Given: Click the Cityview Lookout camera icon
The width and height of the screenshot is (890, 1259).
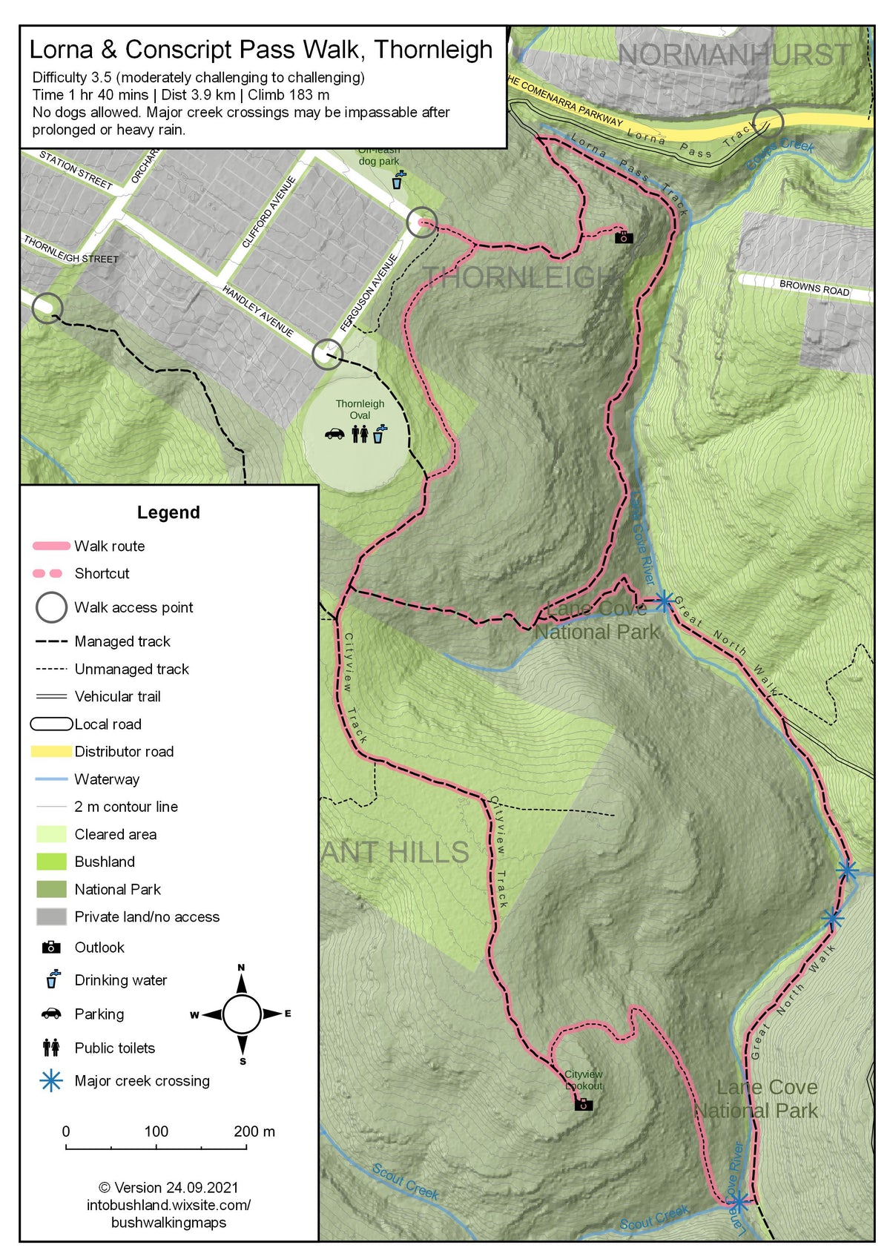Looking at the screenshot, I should click(x=584, y=1105).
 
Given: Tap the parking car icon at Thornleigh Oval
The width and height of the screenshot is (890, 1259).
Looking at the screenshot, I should click(x=334, y=434).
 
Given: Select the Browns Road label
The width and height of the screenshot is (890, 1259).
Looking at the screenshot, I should click(x=814, y=288).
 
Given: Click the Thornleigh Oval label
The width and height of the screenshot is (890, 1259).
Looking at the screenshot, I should click(x=360, y=409).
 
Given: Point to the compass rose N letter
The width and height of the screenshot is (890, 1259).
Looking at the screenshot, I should click(x=241, y=968).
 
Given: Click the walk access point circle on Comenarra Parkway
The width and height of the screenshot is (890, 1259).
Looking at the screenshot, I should click(x=768, y=122).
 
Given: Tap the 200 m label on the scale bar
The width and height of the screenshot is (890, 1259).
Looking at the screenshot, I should click(x=254, y=1131).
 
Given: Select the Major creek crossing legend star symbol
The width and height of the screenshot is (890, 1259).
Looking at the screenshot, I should click(x=51, y=1080).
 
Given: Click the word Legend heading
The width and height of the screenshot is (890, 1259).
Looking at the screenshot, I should click(x=168, y=512).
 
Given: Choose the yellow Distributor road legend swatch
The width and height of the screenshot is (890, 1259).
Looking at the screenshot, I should click(x=51, y=751).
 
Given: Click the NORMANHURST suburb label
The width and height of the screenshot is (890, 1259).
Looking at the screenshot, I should click(x=734, y=55).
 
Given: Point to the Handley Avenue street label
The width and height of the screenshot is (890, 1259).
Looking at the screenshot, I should click(x=258, y=311).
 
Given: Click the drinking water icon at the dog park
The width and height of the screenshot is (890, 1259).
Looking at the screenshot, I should click(x=399, y=180).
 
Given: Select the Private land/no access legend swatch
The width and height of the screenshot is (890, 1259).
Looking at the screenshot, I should click(x=51, y=916).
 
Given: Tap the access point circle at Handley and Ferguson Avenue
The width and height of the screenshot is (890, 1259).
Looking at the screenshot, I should click(x=327, y=354).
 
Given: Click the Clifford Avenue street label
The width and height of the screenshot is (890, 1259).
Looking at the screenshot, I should click(x=268, y=213).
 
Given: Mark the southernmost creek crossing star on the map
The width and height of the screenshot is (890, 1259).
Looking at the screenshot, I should click(x=738, y=1202).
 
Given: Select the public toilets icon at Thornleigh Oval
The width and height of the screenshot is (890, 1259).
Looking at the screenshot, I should click(x=360, y=434).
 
